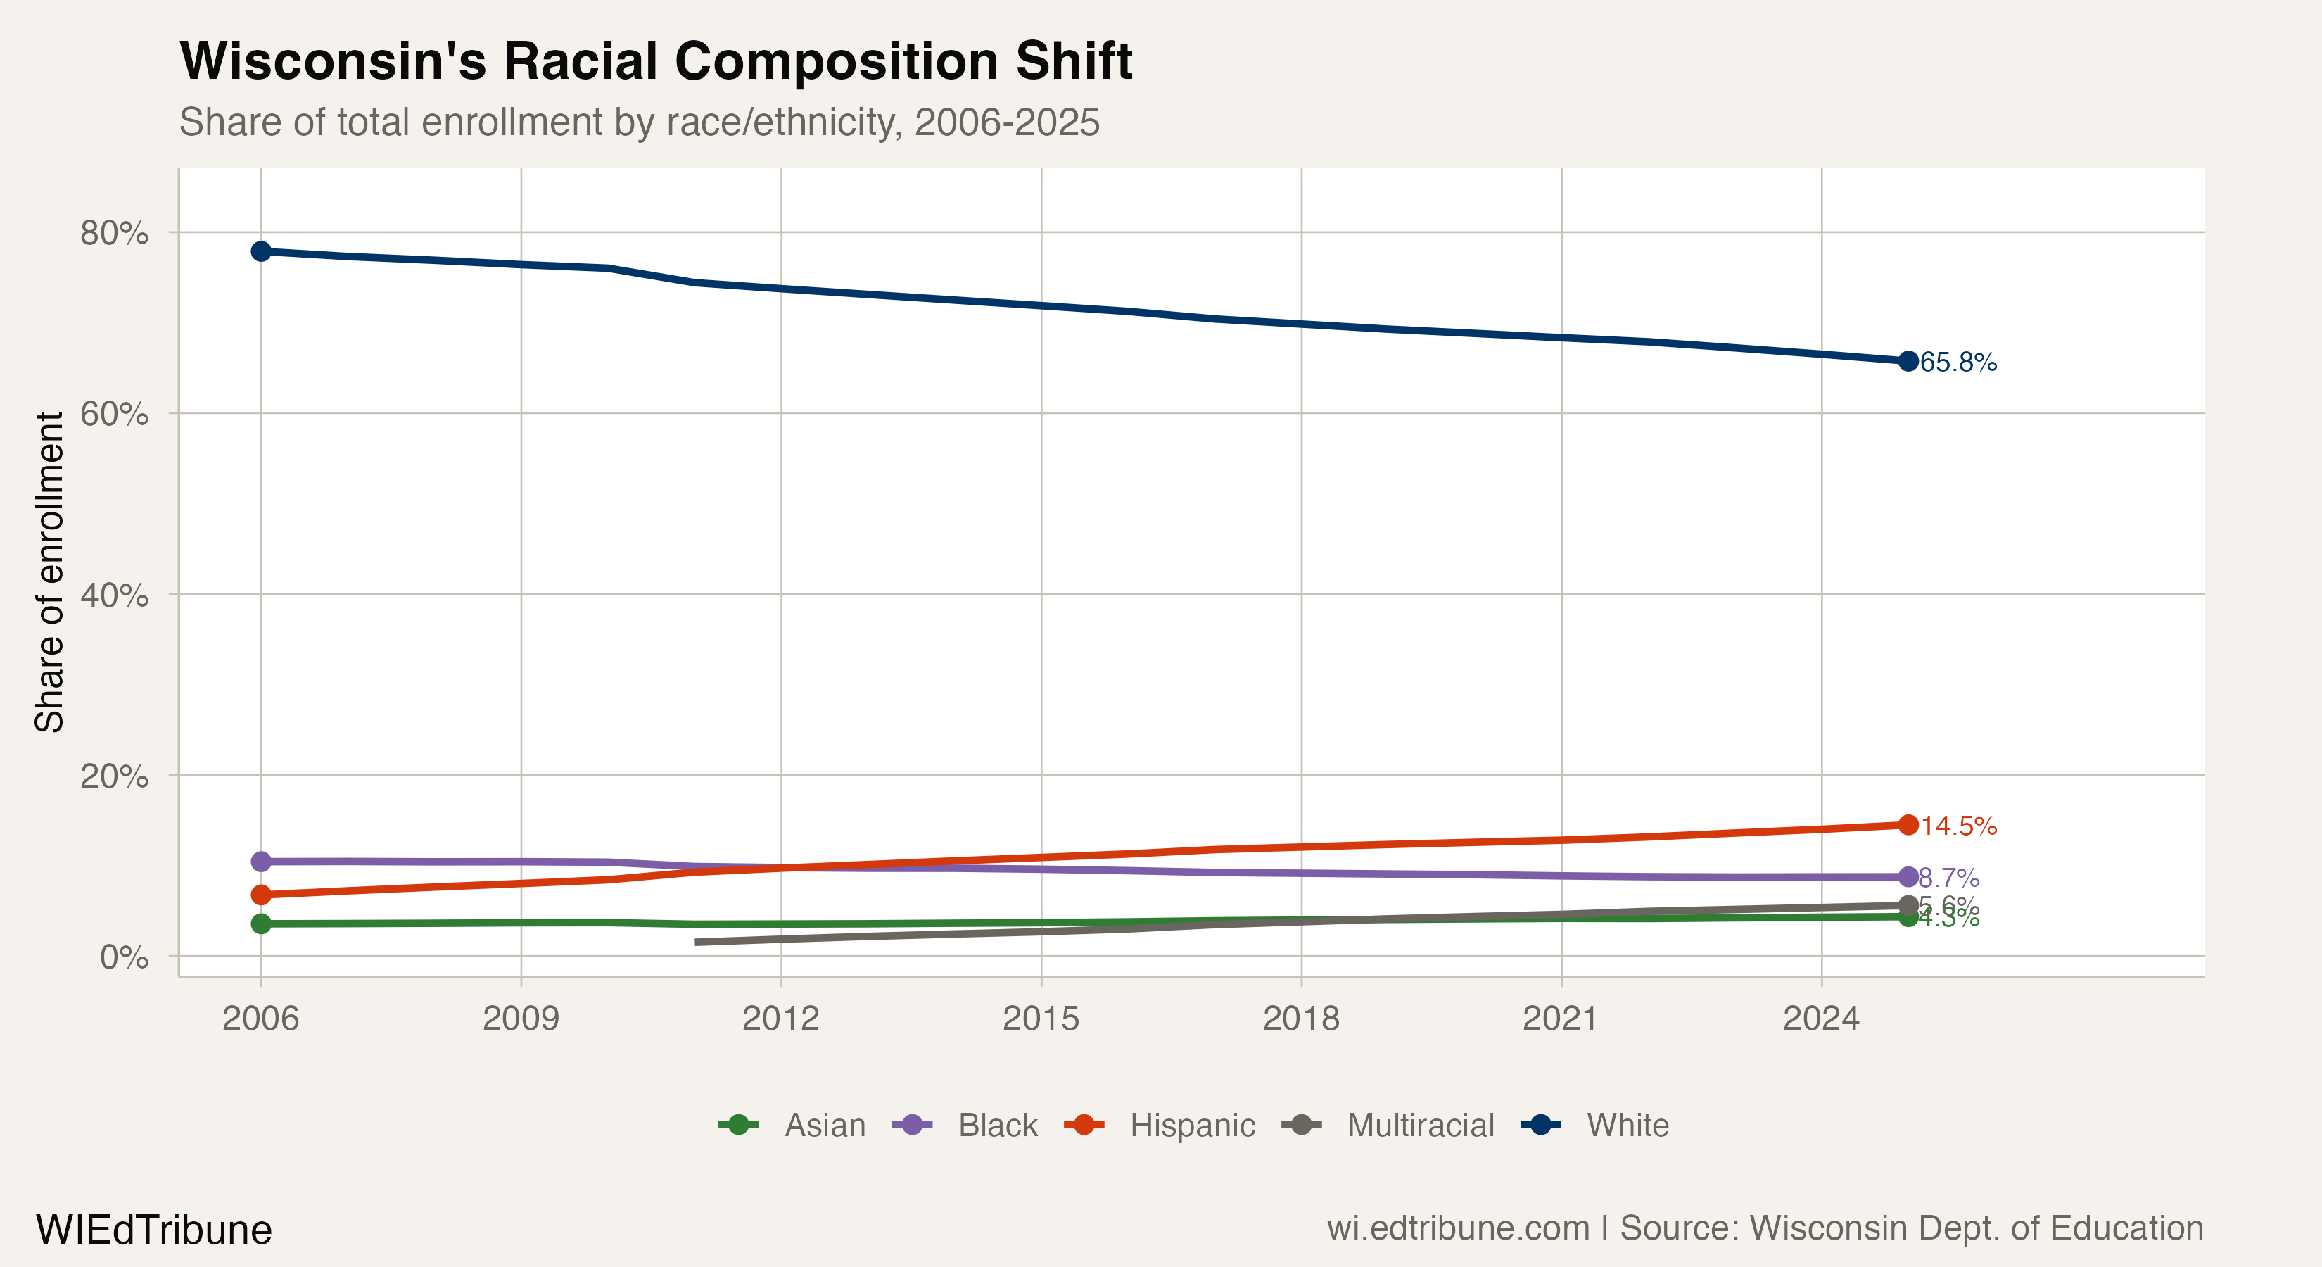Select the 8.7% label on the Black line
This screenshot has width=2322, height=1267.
1949,878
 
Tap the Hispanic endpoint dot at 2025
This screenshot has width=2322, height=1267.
1908,825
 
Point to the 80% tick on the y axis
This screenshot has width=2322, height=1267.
115,234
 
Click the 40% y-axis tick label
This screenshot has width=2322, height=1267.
115,595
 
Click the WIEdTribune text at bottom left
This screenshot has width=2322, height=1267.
154,1230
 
